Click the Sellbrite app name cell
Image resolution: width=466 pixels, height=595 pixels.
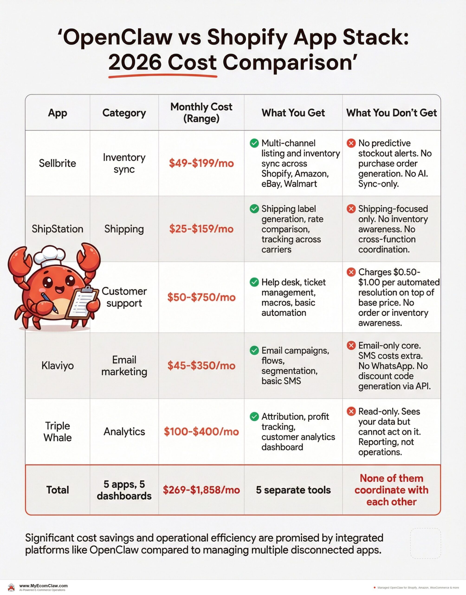[57, 163]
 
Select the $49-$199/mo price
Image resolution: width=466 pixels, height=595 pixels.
[201, 163]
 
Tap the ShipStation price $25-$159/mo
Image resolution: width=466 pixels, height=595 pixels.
[201, 229]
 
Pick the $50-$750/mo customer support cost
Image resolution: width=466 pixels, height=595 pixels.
[201, 297]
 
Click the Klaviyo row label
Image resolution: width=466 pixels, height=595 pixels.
[57, 366]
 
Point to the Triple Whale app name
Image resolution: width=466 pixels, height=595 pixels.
[57, 432]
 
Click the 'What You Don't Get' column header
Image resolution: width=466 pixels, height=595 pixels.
[391, 113]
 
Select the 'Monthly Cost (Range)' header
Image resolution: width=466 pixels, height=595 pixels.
[201, 112]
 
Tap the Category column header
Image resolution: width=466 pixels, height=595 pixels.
[124, 113]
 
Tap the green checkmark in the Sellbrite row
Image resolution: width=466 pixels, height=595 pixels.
[254, 143]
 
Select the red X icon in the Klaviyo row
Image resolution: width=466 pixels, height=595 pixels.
[351, 346]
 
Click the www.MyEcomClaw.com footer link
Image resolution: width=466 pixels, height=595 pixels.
[43, 586]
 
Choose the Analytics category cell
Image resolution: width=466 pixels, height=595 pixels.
[124, 432]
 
